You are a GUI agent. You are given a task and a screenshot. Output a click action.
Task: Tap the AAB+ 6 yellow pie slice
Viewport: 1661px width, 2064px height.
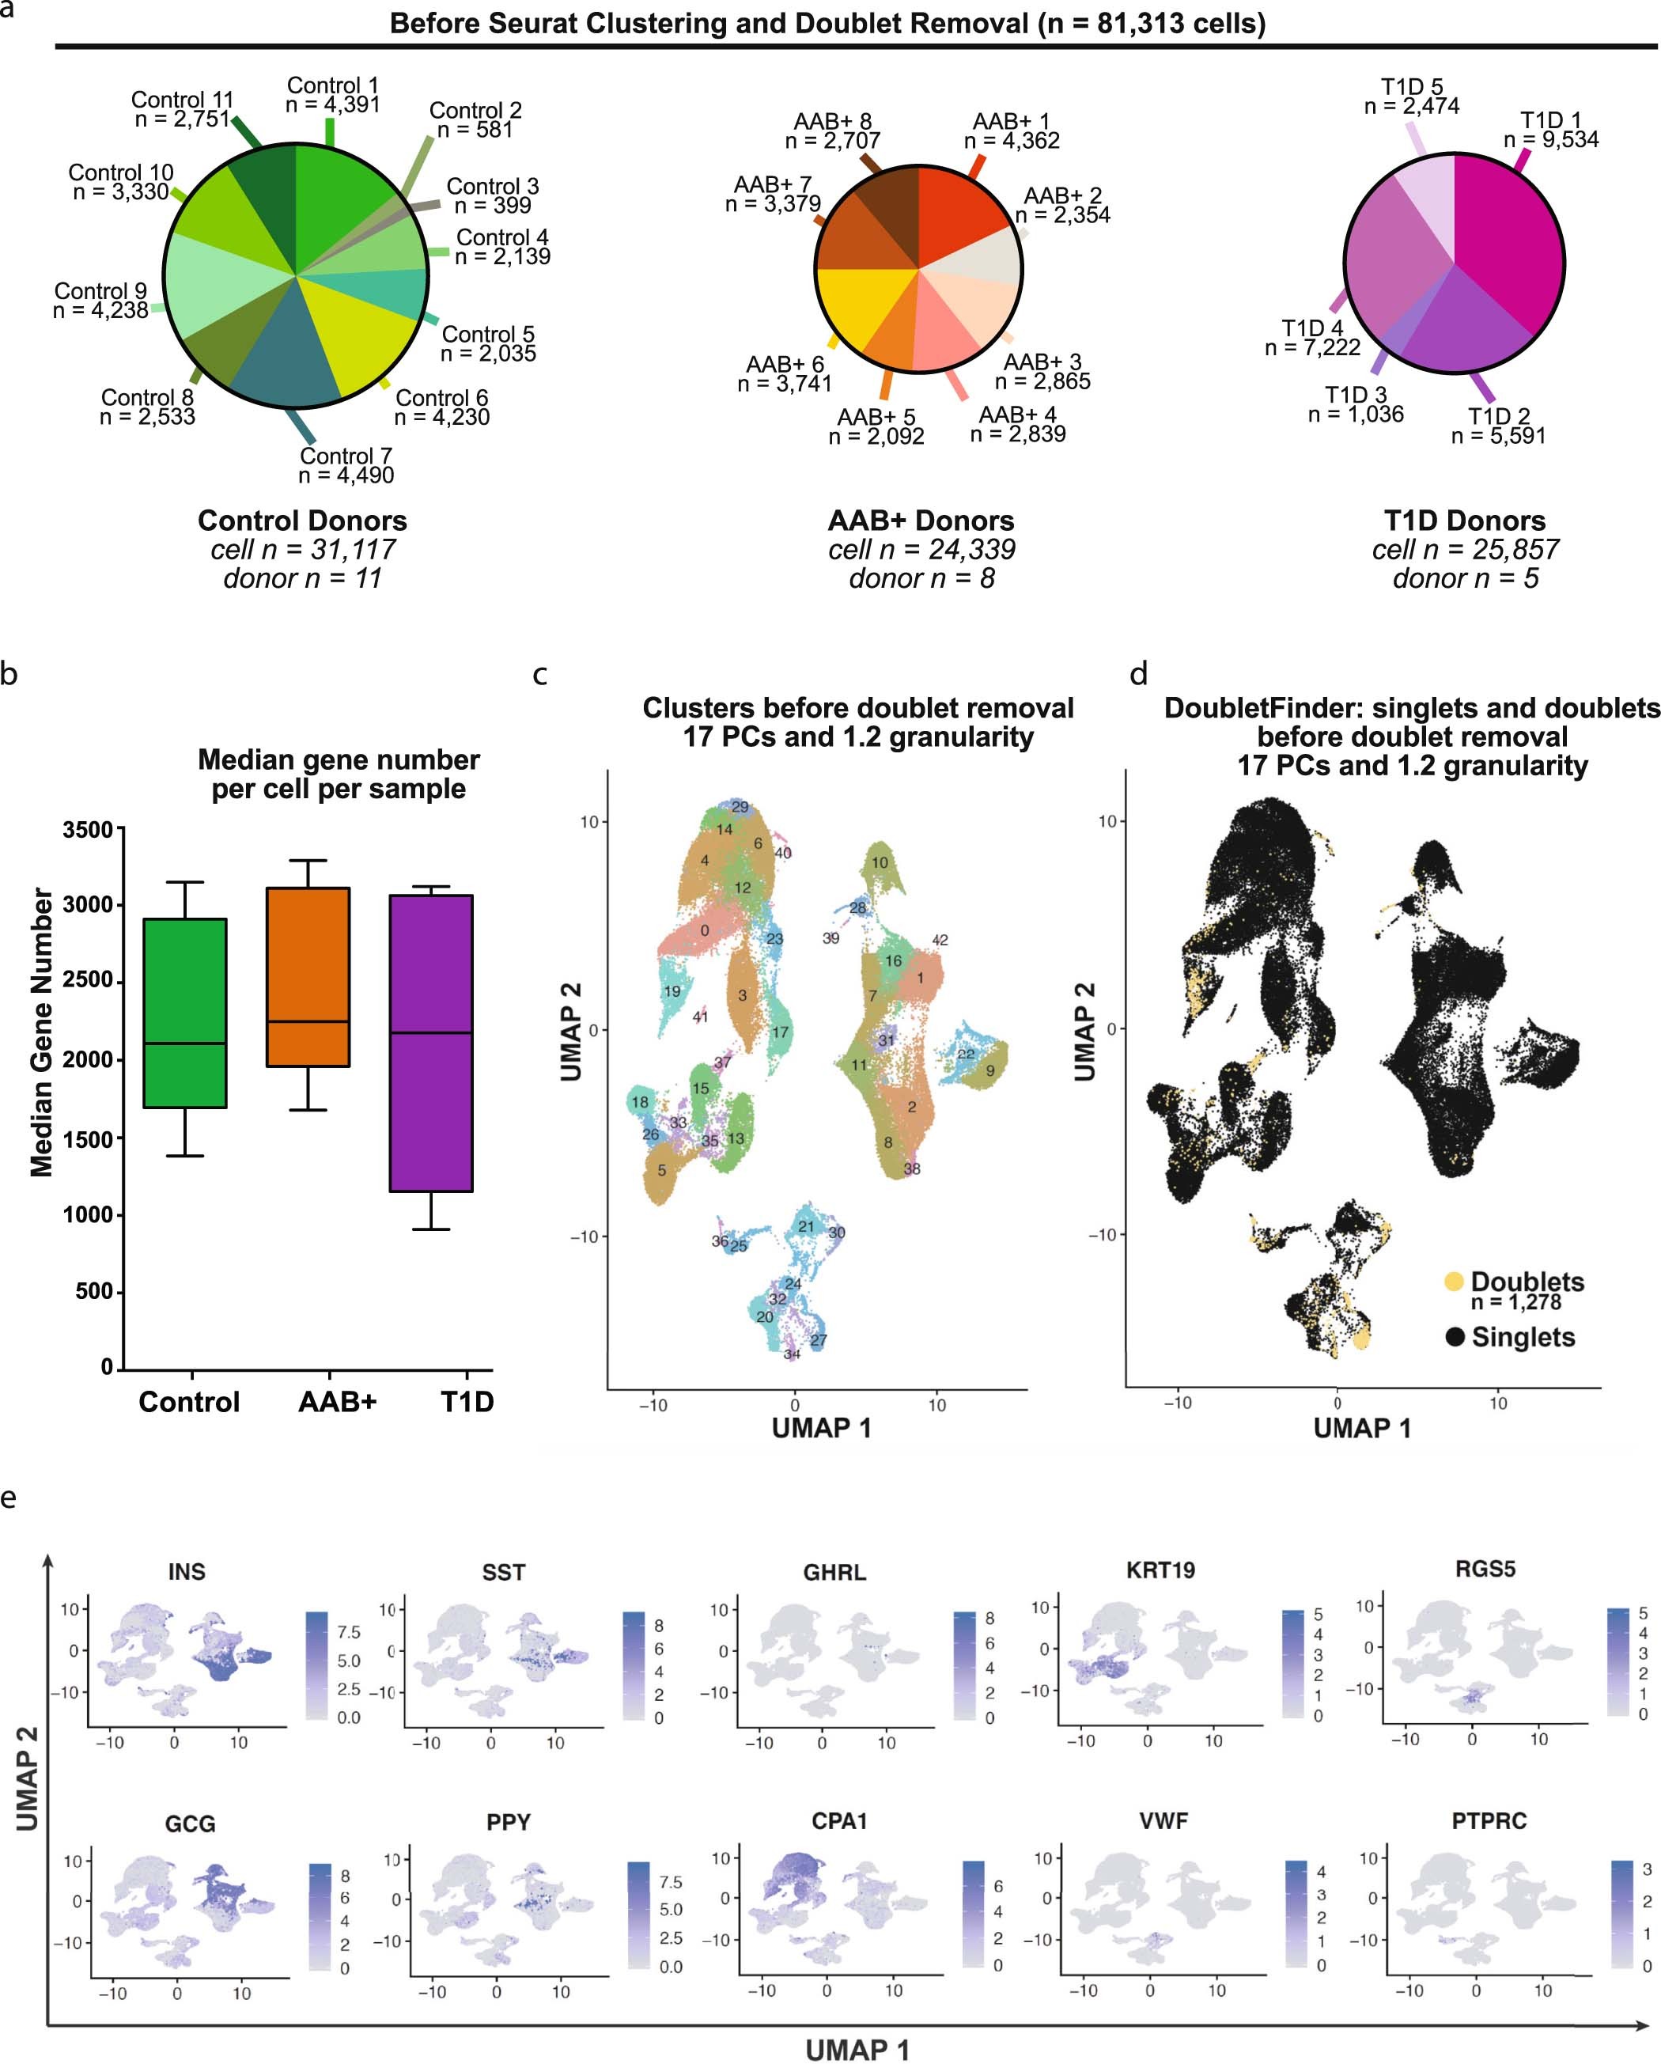coord(852,306)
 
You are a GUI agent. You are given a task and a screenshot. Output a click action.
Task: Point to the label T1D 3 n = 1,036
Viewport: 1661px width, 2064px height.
coord(1356,404)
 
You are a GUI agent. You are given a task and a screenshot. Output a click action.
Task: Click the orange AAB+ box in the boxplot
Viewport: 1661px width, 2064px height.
coord(308,976)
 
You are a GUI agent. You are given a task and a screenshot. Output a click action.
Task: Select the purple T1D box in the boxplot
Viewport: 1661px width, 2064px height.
coord(431,1043)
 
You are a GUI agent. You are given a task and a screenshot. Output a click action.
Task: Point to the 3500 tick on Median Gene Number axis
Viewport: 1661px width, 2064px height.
coord(88,830)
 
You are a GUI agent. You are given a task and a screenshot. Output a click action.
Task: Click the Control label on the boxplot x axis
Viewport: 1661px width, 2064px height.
coord(188,1402)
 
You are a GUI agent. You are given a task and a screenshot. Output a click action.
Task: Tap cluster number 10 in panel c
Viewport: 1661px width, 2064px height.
coord(880,862)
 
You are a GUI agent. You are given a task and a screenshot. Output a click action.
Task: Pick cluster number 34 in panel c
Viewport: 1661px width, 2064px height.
coord(792,1354)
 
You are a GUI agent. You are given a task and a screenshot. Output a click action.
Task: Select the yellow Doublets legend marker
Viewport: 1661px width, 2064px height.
coord(1453,1281)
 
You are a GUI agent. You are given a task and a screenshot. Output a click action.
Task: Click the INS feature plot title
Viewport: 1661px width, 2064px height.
coord(187,1572)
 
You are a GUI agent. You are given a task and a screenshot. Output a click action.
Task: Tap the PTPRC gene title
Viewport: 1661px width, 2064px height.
coord(1489,1821)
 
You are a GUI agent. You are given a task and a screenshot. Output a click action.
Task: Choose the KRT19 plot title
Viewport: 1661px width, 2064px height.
coord(1160,1570)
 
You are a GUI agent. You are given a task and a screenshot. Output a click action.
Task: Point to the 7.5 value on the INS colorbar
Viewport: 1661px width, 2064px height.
coord(349,1631)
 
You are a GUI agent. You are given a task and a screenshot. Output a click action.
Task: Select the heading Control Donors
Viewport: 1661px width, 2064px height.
coord(302,521)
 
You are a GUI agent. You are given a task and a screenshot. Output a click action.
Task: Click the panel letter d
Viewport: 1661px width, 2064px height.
coord(1138,675)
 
